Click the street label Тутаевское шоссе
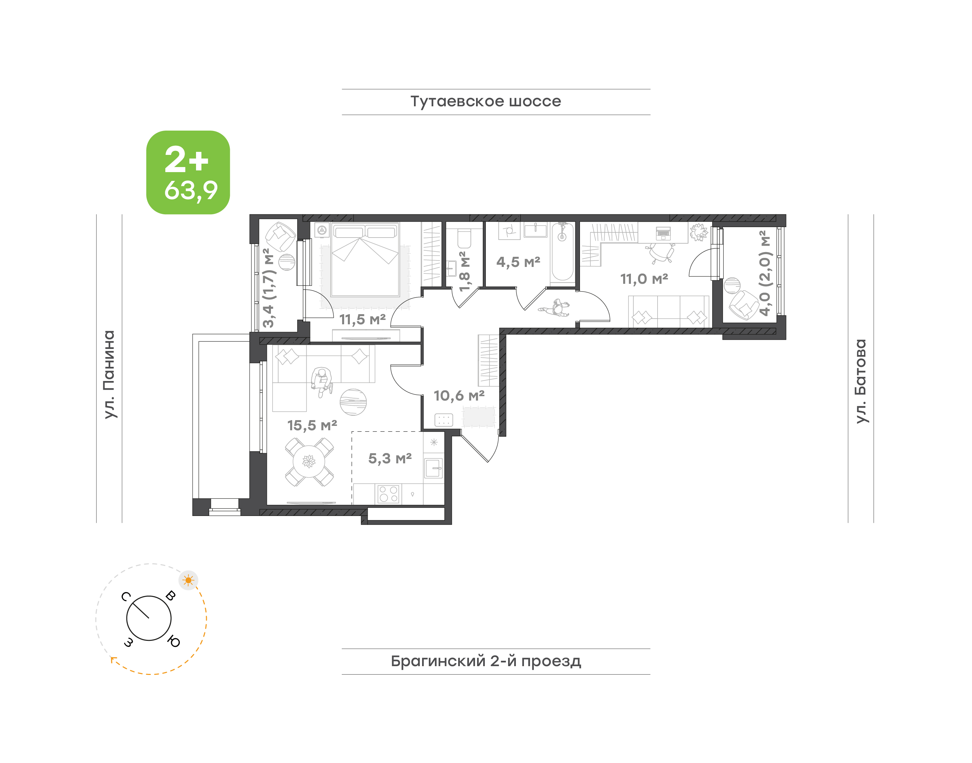(x=485, y=101)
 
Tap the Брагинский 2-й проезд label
(x=486, y=661)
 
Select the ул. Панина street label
(x=109, y=374)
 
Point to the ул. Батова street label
(x=860, y=381)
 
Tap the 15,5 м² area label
(x=312, y=425)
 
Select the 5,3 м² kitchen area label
(x=390, y=458)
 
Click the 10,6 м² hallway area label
(x=459, y=396)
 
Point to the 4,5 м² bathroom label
(x=518, y=262)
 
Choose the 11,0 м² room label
(x=644, y=279)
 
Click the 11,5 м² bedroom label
(x=362, y=319)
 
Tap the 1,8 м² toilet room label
(x=464, y=271)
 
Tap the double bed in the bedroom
(x=365, y=260)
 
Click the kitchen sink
(x=433, y=468)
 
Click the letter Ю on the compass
(x=174, y=642)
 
